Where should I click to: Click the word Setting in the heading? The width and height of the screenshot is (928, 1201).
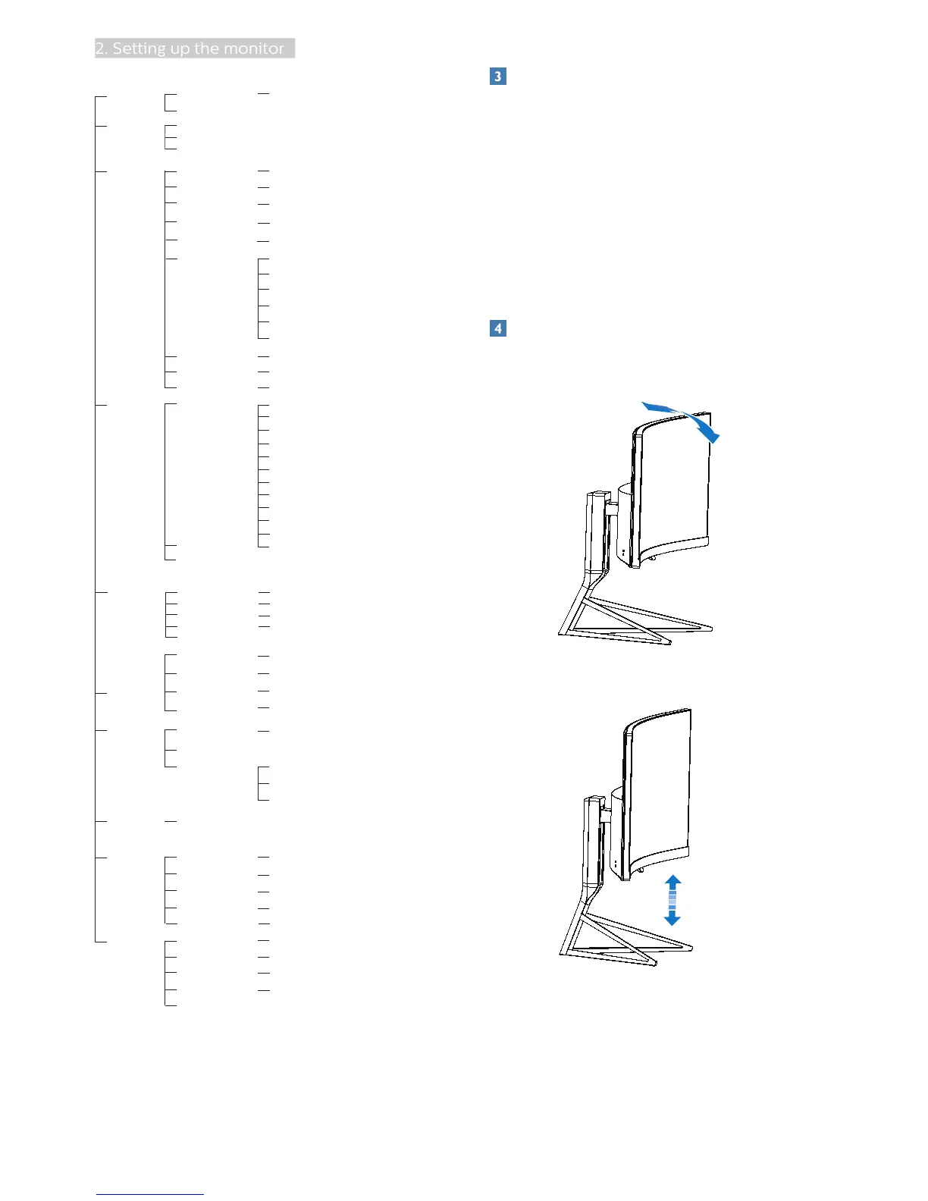tap(140, 49)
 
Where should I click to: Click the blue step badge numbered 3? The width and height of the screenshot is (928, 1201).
tap(498, 77)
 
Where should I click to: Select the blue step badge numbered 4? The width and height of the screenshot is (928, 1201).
tap(498, 328)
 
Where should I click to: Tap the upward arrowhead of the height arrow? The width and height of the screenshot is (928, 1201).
tap(672, 882)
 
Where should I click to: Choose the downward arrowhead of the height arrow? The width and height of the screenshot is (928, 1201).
tap(672, 919)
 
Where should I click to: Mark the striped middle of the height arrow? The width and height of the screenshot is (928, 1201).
tap(672, 900)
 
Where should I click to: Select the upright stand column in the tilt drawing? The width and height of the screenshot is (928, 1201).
tap(597, 531)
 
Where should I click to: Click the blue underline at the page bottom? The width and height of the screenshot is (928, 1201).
tap(150, 1194)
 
